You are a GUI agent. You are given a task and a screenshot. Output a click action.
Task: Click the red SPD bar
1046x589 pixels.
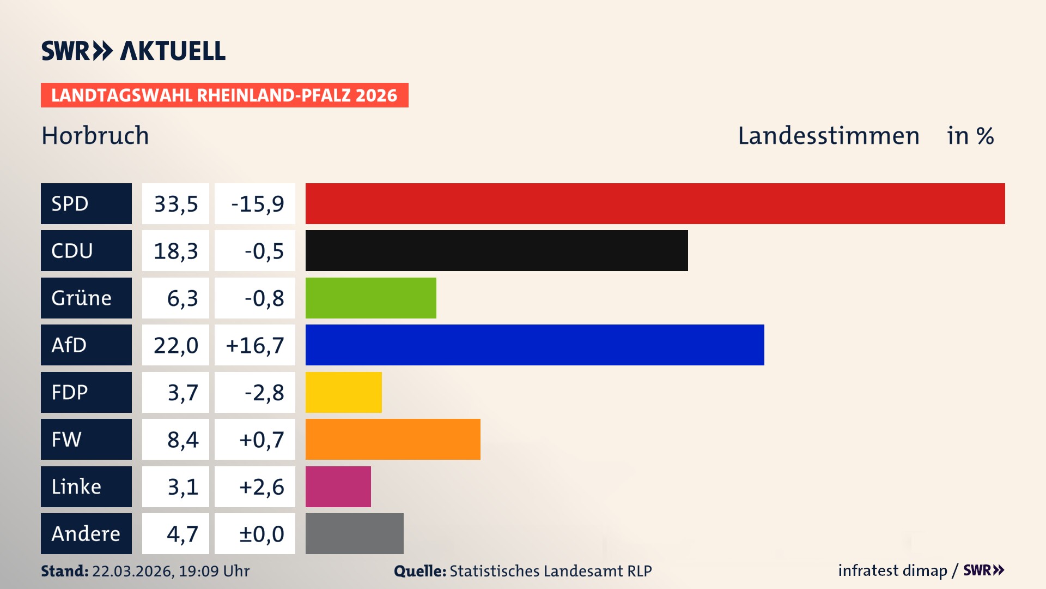[x=655, y=203]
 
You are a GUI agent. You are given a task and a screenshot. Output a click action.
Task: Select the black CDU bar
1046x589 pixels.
[x=496, y=250]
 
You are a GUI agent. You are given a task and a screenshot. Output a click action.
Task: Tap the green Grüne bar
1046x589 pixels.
[x=370, y=298]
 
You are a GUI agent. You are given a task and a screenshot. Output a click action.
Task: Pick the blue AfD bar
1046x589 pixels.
[x=534, y=345]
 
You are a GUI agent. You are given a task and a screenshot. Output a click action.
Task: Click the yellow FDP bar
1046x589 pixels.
[x=343, y=392]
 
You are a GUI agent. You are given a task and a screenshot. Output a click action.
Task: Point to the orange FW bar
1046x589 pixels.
[x=393, y=439]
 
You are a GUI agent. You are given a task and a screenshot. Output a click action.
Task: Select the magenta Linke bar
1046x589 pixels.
[x=338, y=486]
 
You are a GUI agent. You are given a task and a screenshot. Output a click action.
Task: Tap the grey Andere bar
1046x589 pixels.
[x=354, y=533]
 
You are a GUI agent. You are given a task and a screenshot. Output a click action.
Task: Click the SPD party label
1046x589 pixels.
[x=86, y=203]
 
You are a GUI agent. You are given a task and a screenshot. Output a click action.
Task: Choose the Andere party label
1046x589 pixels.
[x=86, y=533]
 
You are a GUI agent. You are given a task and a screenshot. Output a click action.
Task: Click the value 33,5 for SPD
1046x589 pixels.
[x=175, y=203]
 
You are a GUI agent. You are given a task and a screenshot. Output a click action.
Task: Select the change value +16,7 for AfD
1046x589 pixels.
[x=254, y=345]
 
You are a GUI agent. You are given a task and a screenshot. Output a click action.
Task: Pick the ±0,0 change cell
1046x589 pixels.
[x=254, y=533]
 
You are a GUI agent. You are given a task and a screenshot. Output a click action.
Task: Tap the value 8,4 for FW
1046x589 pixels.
[x=175, y=439]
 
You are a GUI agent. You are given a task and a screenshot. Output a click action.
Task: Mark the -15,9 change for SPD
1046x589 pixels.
[x=254, y=203]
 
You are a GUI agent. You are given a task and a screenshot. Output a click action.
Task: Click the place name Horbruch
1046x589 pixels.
[x=95, y=135]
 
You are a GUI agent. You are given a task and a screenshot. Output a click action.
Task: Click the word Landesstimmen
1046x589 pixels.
[x=828, y=135]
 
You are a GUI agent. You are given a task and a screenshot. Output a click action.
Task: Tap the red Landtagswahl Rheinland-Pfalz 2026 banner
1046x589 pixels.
[x=224, y=95]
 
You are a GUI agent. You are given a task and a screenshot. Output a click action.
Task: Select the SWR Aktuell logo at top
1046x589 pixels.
[x=133, y=51]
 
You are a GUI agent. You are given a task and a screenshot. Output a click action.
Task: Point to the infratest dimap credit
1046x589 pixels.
[x=892, y=570]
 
